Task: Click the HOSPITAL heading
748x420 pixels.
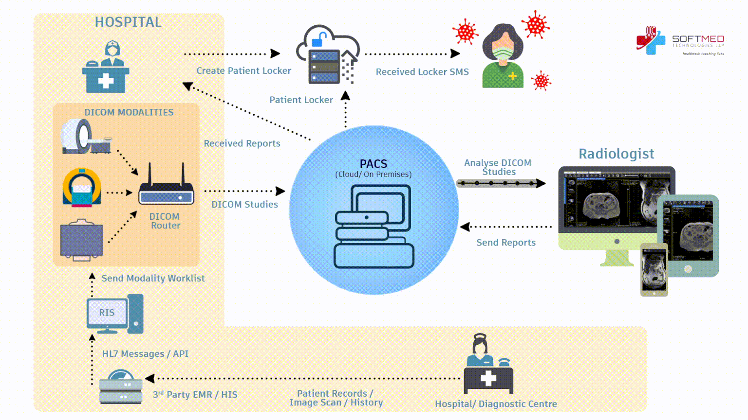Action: pos(128,22)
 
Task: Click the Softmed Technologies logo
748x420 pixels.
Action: pos(680,41)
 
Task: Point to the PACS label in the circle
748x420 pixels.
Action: pos(374,164)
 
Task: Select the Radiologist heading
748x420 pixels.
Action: pos(616,154)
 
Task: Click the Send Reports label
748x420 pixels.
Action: pos(506,243)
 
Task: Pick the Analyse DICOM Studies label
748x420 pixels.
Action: pos(498,167)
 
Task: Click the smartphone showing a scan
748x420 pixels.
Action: pos(654,270)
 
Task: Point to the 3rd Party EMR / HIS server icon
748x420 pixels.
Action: pos(120,387)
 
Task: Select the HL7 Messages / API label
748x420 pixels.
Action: pos(145,354)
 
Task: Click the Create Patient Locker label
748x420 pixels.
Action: pos(243,70)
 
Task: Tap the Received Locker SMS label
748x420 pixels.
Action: pos(422,72)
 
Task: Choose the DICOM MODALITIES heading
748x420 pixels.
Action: pos(129,112)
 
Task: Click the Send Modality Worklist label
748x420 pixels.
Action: pos(153,278)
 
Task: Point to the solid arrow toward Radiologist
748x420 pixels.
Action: pos(501,183)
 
